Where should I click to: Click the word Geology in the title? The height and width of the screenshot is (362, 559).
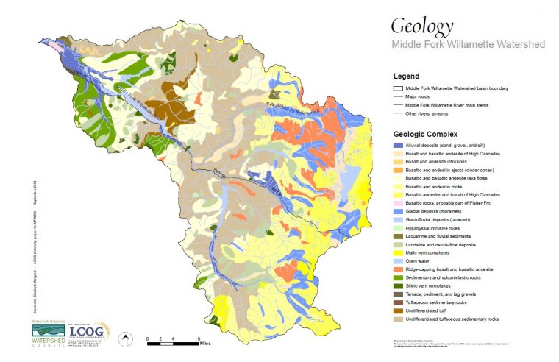tap(421, 26)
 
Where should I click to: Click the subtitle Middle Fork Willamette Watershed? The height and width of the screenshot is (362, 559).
tap(468, 45)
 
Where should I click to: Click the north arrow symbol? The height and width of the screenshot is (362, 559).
tap(126, 340)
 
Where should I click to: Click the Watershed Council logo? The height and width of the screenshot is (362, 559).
tap(49, 333)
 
